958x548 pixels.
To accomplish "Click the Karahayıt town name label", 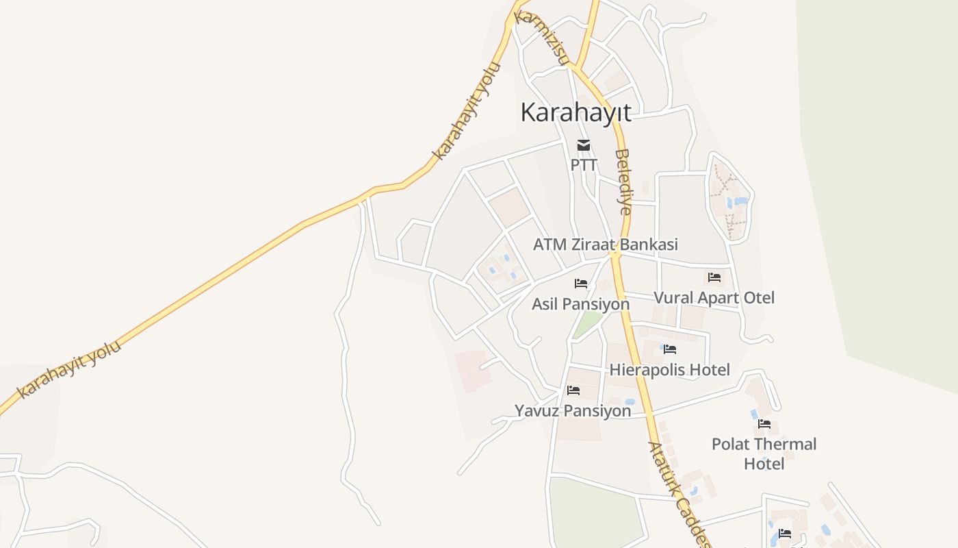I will coord(575,112).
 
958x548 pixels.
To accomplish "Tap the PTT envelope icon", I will coord(583,145).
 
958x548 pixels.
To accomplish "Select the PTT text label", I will coord(584,165).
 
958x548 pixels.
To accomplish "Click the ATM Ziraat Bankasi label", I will coord(605,245).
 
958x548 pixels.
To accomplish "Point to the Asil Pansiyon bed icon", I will coord(581,283).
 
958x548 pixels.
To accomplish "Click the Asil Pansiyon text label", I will coord(580,303).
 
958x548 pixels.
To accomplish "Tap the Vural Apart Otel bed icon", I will coord(714,277).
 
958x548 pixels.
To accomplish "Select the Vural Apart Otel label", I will coord(714,298).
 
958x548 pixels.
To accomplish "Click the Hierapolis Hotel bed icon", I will coord(670,349).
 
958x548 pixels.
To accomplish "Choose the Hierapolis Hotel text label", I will coord(670,370).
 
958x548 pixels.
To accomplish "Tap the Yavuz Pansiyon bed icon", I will coord(573,390).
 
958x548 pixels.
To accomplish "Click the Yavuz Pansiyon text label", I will coord(573,411).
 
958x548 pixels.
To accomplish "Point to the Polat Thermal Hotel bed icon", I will coord(764,424).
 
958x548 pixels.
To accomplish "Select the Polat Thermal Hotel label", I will coord(764,453).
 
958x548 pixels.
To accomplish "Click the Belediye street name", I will coord(623,182).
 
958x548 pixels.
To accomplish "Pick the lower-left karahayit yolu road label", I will coord(69,369).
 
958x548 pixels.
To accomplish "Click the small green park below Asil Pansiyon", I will coord(586,324).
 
